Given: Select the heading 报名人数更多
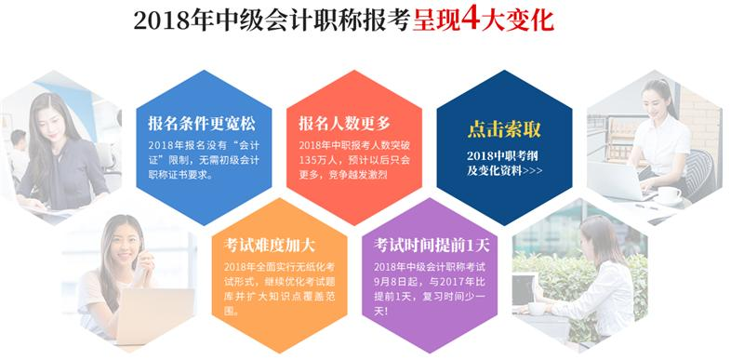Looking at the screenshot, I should click(344, 123).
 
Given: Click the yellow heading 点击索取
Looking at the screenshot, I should click(504, 129).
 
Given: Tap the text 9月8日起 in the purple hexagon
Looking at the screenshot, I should click(395, 281).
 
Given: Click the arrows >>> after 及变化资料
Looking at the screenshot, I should click(533, 171).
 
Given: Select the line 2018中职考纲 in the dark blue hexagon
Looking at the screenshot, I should click(503, 155).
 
